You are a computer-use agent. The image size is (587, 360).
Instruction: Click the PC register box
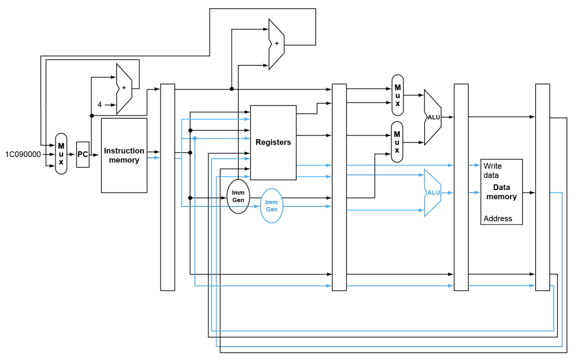pos(83,155)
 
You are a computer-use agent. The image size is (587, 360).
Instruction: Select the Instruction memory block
pos(124,155)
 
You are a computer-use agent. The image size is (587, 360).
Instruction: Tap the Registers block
pos(273,143)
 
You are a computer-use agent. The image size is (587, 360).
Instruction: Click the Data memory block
pos(501,192)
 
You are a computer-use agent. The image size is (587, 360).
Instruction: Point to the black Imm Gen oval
pos(238,197)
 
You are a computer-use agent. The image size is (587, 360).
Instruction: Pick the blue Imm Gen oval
pos(271,206)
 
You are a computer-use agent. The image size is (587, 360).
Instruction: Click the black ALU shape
pos(433,117)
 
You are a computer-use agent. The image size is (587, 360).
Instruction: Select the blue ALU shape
pos(433,193)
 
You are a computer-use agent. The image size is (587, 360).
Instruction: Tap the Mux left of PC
pos(61,154)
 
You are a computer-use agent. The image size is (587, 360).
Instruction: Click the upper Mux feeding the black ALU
pos(397,96)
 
